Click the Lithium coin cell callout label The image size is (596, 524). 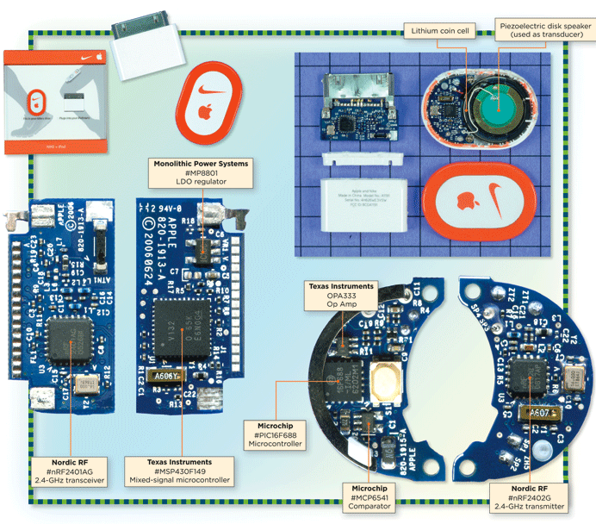(439, 32)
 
